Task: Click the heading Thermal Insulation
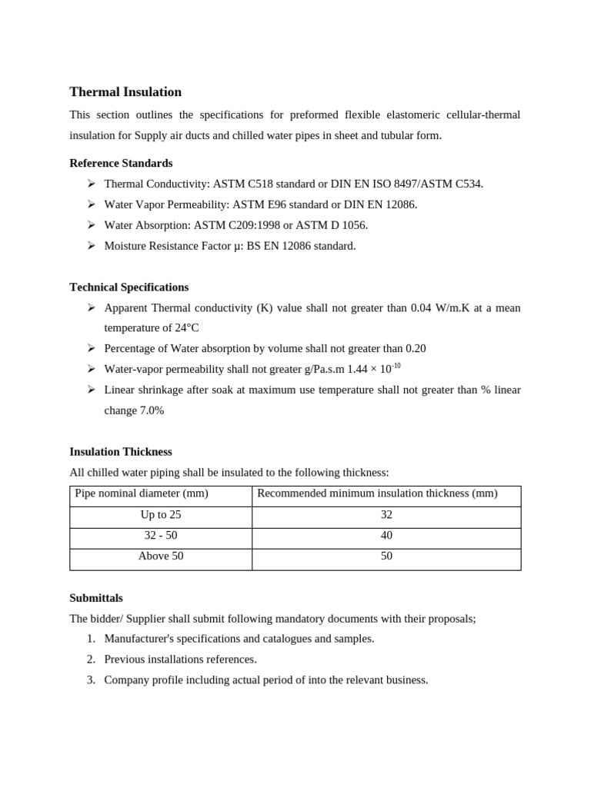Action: coord(125,92)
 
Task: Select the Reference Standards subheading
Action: coord(121,163)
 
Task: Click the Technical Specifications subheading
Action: coord(129,287)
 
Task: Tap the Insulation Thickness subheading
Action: coord(120,451)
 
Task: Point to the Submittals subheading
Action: coord(96,597)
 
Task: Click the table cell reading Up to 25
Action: coord(161,515)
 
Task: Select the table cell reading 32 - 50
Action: coord(161,535)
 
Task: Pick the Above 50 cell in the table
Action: coord(161,556)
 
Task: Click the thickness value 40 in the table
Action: coord(386,535)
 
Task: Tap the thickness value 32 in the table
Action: coord(386,515)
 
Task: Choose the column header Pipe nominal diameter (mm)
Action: coord(142,493)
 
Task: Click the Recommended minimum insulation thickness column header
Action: coord(377,493)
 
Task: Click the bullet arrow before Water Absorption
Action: coord(91,225)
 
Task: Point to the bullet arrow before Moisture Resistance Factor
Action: coord(91,246)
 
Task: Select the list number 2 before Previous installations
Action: coord(91,659)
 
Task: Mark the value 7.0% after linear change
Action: coord(152,410)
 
